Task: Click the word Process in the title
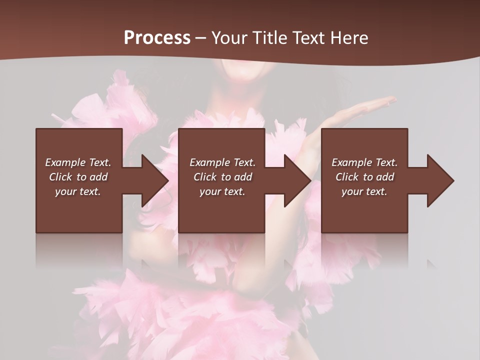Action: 157,38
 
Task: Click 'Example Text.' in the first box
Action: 78,162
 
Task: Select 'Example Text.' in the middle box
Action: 222,162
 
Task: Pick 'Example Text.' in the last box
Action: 364,162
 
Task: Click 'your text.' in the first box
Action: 78,191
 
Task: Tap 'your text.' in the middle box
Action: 222,191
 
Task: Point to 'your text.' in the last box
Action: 364,191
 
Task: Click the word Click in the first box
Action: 60,177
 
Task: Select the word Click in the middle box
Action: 205,177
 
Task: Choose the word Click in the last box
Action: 347,177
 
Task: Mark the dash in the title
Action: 201,38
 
